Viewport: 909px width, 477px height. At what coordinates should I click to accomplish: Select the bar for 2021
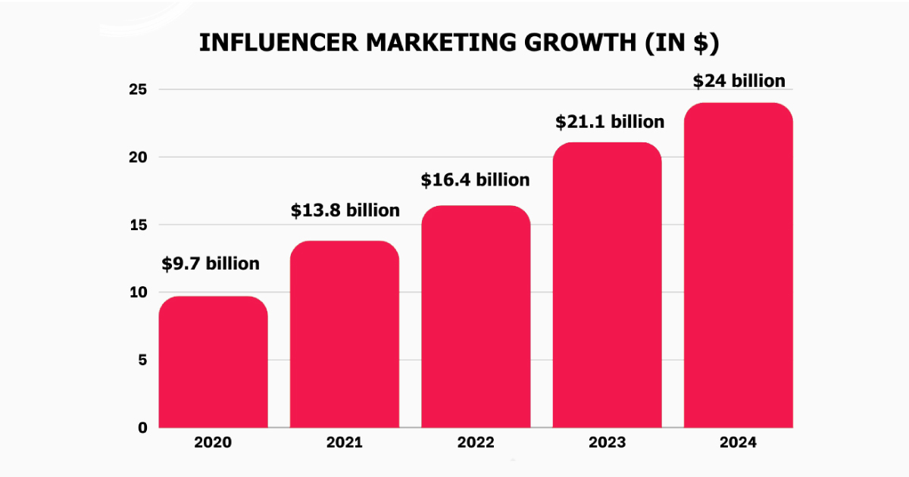(345, 334)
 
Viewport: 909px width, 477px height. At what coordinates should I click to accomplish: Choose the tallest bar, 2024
(739, 265)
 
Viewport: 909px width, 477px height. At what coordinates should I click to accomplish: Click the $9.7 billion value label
(211, 263)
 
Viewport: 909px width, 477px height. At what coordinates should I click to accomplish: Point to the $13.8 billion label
(345, 210)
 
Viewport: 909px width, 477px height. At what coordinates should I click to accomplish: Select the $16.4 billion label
(476, 180)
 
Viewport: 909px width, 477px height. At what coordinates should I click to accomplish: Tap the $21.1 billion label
(610, 121)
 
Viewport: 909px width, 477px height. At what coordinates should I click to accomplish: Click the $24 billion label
(739, 81)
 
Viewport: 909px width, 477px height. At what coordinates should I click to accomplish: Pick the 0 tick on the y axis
(143, 428)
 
